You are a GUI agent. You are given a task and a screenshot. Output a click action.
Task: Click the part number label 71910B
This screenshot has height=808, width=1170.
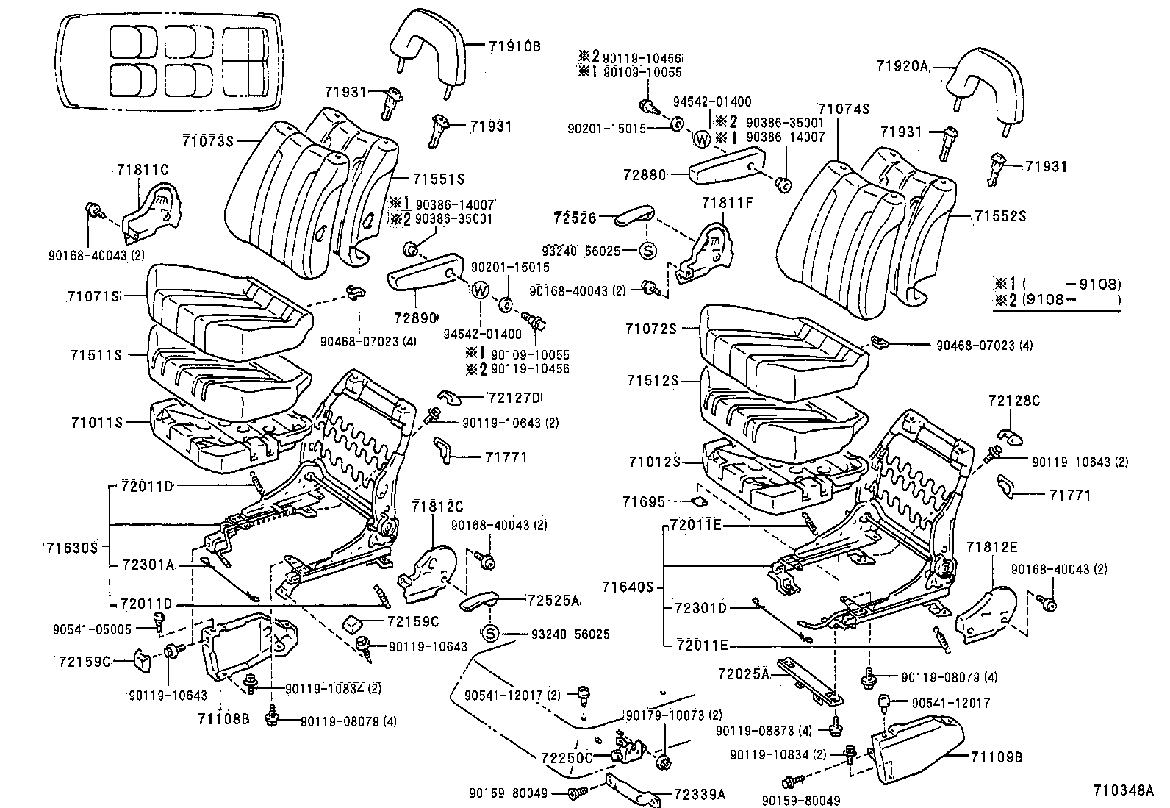pos(514,46)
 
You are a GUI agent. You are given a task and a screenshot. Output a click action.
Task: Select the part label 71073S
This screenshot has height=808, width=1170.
pos(208,140)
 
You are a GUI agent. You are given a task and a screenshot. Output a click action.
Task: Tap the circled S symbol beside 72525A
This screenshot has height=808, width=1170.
pos(491,633)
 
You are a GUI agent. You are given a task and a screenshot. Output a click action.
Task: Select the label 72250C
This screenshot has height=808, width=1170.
pos(566,758)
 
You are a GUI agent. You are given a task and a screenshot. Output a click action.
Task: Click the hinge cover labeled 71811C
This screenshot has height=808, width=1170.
pos(151,212)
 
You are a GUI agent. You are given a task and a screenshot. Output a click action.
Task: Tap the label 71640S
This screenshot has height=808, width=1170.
pos(628,587)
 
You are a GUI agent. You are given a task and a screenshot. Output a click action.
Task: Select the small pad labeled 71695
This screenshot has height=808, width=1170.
pos(700,502)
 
